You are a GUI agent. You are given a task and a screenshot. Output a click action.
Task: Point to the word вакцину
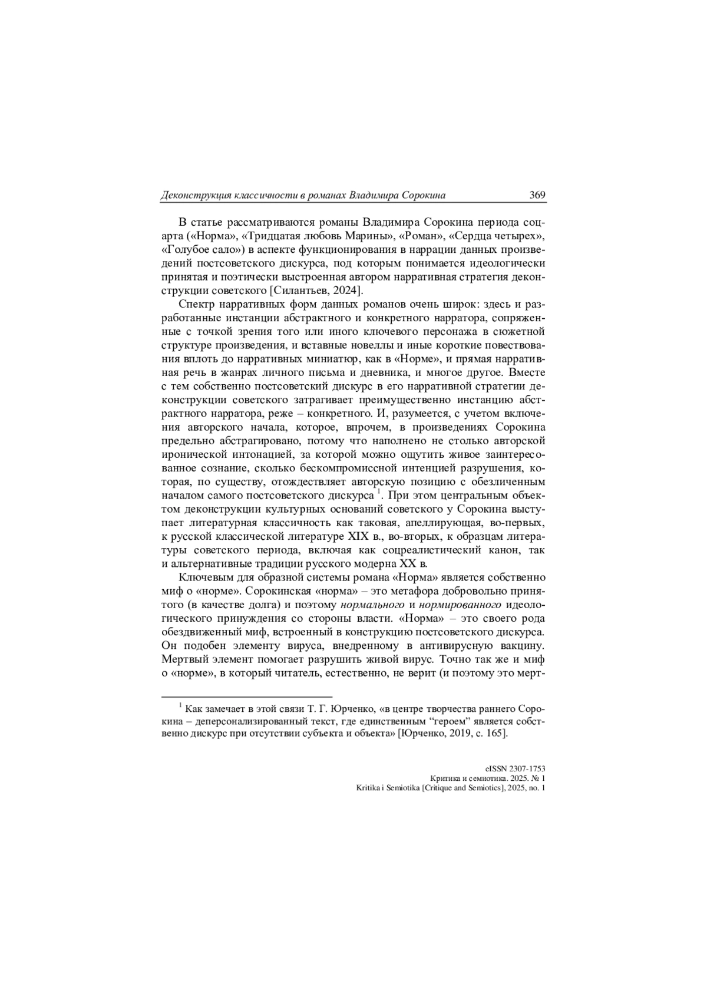pyautogui.click(x=521, y=645)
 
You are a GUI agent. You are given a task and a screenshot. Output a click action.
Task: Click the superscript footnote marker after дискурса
pyautogui.click(x=380, y=490)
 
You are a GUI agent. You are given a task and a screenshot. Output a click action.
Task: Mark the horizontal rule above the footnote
pyautogui.click(x=247, y=696)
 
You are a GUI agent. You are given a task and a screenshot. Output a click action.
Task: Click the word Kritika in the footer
pyautogui.click(x=370, y=787)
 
